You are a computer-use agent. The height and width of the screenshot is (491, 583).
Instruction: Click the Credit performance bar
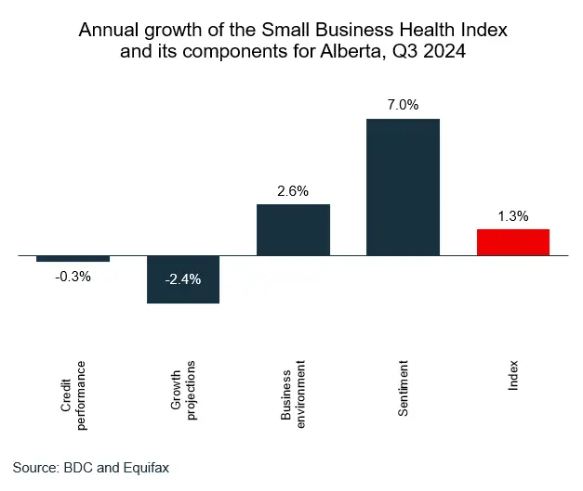point(73,258)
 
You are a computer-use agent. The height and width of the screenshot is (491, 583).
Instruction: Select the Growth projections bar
point(183,278)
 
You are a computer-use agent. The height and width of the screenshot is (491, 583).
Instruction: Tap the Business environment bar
point(293,229)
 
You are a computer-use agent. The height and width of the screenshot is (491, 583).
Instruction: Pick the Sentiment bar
point(403,187)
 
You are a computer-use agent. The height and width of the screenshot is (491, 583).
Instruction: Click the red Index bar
point(513,241)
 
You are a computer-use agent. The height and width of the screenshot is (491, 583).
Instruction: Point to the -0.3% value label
point(73,276)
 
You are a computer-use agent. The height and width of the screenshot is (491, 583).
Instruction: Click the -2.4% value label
point(182,278)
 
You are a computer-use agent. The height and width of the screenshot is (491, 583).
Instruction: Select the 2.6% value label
point(293,191)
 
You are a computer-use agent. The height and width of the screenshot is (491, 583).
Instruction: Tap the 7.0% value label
point(403,105)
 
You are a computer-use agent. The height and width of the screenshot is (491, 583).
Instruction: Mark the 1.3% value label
point(513,216)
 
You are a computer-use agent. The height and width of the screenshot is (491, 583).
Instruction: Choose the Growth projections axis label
point(183,386)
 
